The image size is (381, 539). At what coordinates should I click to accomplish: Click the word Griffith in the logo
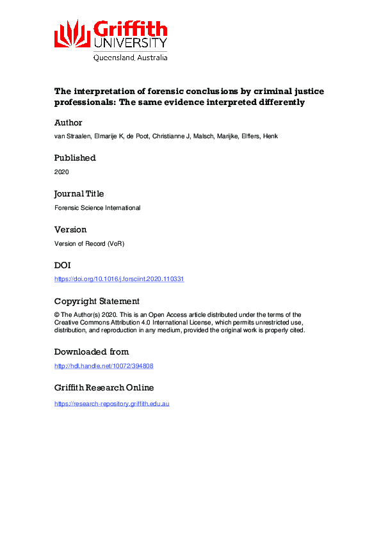(131, 29)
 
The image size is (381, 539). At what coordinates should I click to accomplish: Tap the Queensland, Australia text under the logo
(131, 57)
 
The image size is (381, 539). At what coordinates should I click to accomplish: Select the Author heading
(69, 122)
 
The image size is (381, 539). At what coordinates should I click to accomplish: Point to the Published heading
(75, 157)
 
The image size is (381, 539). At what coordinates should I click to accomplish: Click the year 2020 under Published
(62, 172)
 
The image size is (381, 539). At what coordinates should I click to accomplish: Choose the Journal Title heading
(79, 193)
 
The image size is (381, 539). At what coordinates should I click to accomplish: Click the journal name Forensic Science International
(97, 207)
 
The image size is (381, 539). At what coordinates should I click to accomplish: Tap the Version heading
(70, 229)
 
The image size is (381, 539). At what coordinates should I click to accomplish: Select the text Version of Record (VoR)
(90, 243)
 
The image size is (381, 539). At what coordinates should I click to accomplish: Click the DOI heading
(63, 265)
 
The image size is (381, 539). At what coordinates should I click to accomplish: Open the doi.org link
(119, 279)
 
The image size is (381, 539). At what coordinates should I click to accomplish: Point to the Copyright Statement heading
(97, 301)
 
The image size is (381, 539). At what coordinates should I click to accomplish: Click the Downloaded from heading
(92, 351)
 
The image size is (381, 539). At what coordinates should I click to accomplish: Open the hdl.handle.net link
(104, 366)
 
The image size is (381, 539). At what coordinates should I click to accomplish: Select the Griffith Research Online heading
(104, 387)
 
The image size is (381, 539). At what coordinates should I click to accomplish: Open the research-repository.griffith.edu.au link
(112, 403)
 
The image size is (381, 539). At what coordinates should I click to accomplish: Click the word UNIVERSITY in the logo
(131, 43)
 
